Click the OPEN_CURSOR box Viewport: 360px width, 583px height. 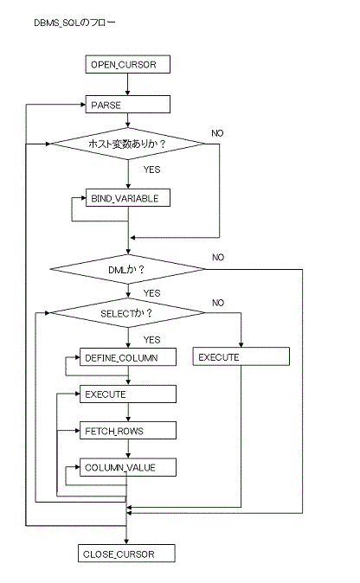[x=127, y=64]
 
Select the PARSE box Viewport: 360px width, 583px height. [x=127, y=105]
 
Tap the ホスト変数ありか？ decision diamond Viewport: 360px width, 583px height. [x=127, y=144]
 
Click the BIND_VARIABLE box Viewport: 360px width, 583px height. [x=127, y=198]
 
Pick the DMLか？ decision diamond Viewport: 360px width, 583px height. [x=127, y=269]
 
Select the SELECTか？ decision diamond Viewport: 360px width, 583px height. [x=127, y=313]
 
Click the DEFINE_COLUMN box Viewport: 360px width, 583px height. [x=127, y=357]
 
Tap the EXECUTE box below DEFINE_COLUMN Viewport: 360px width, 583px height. [x=127, y=394]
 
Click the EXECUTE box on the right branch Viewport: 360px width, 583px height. [x=241, y=356]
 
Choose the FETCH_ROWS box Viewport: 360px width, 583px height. [x=127, y=431]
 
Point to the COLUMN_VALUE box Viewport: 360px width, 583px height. [x=127, y=467]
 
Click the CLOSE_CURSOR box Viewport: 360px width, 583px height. [x=126, y=554]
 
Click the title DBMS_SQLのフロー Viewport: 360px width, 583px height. [x=74, y=22]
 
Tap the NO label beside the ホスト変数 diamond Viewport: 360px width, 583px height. [x=217, y=133]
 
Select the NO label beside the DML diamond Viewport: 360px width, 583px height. [x=218, y=257]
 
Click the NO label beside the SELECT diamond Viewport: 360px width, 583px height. [x=218, y=303]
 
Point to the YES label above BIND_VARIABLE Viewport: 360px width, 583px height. [x=151, y=170]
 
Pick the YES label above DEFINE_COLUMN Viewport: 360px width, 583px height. [x=151, y=340]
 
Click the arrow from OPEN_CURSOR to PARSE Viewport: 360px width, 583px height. [x=127, y=85]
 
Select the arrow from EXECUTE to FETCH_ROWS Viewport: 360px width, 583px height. [x=128, y=413]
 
